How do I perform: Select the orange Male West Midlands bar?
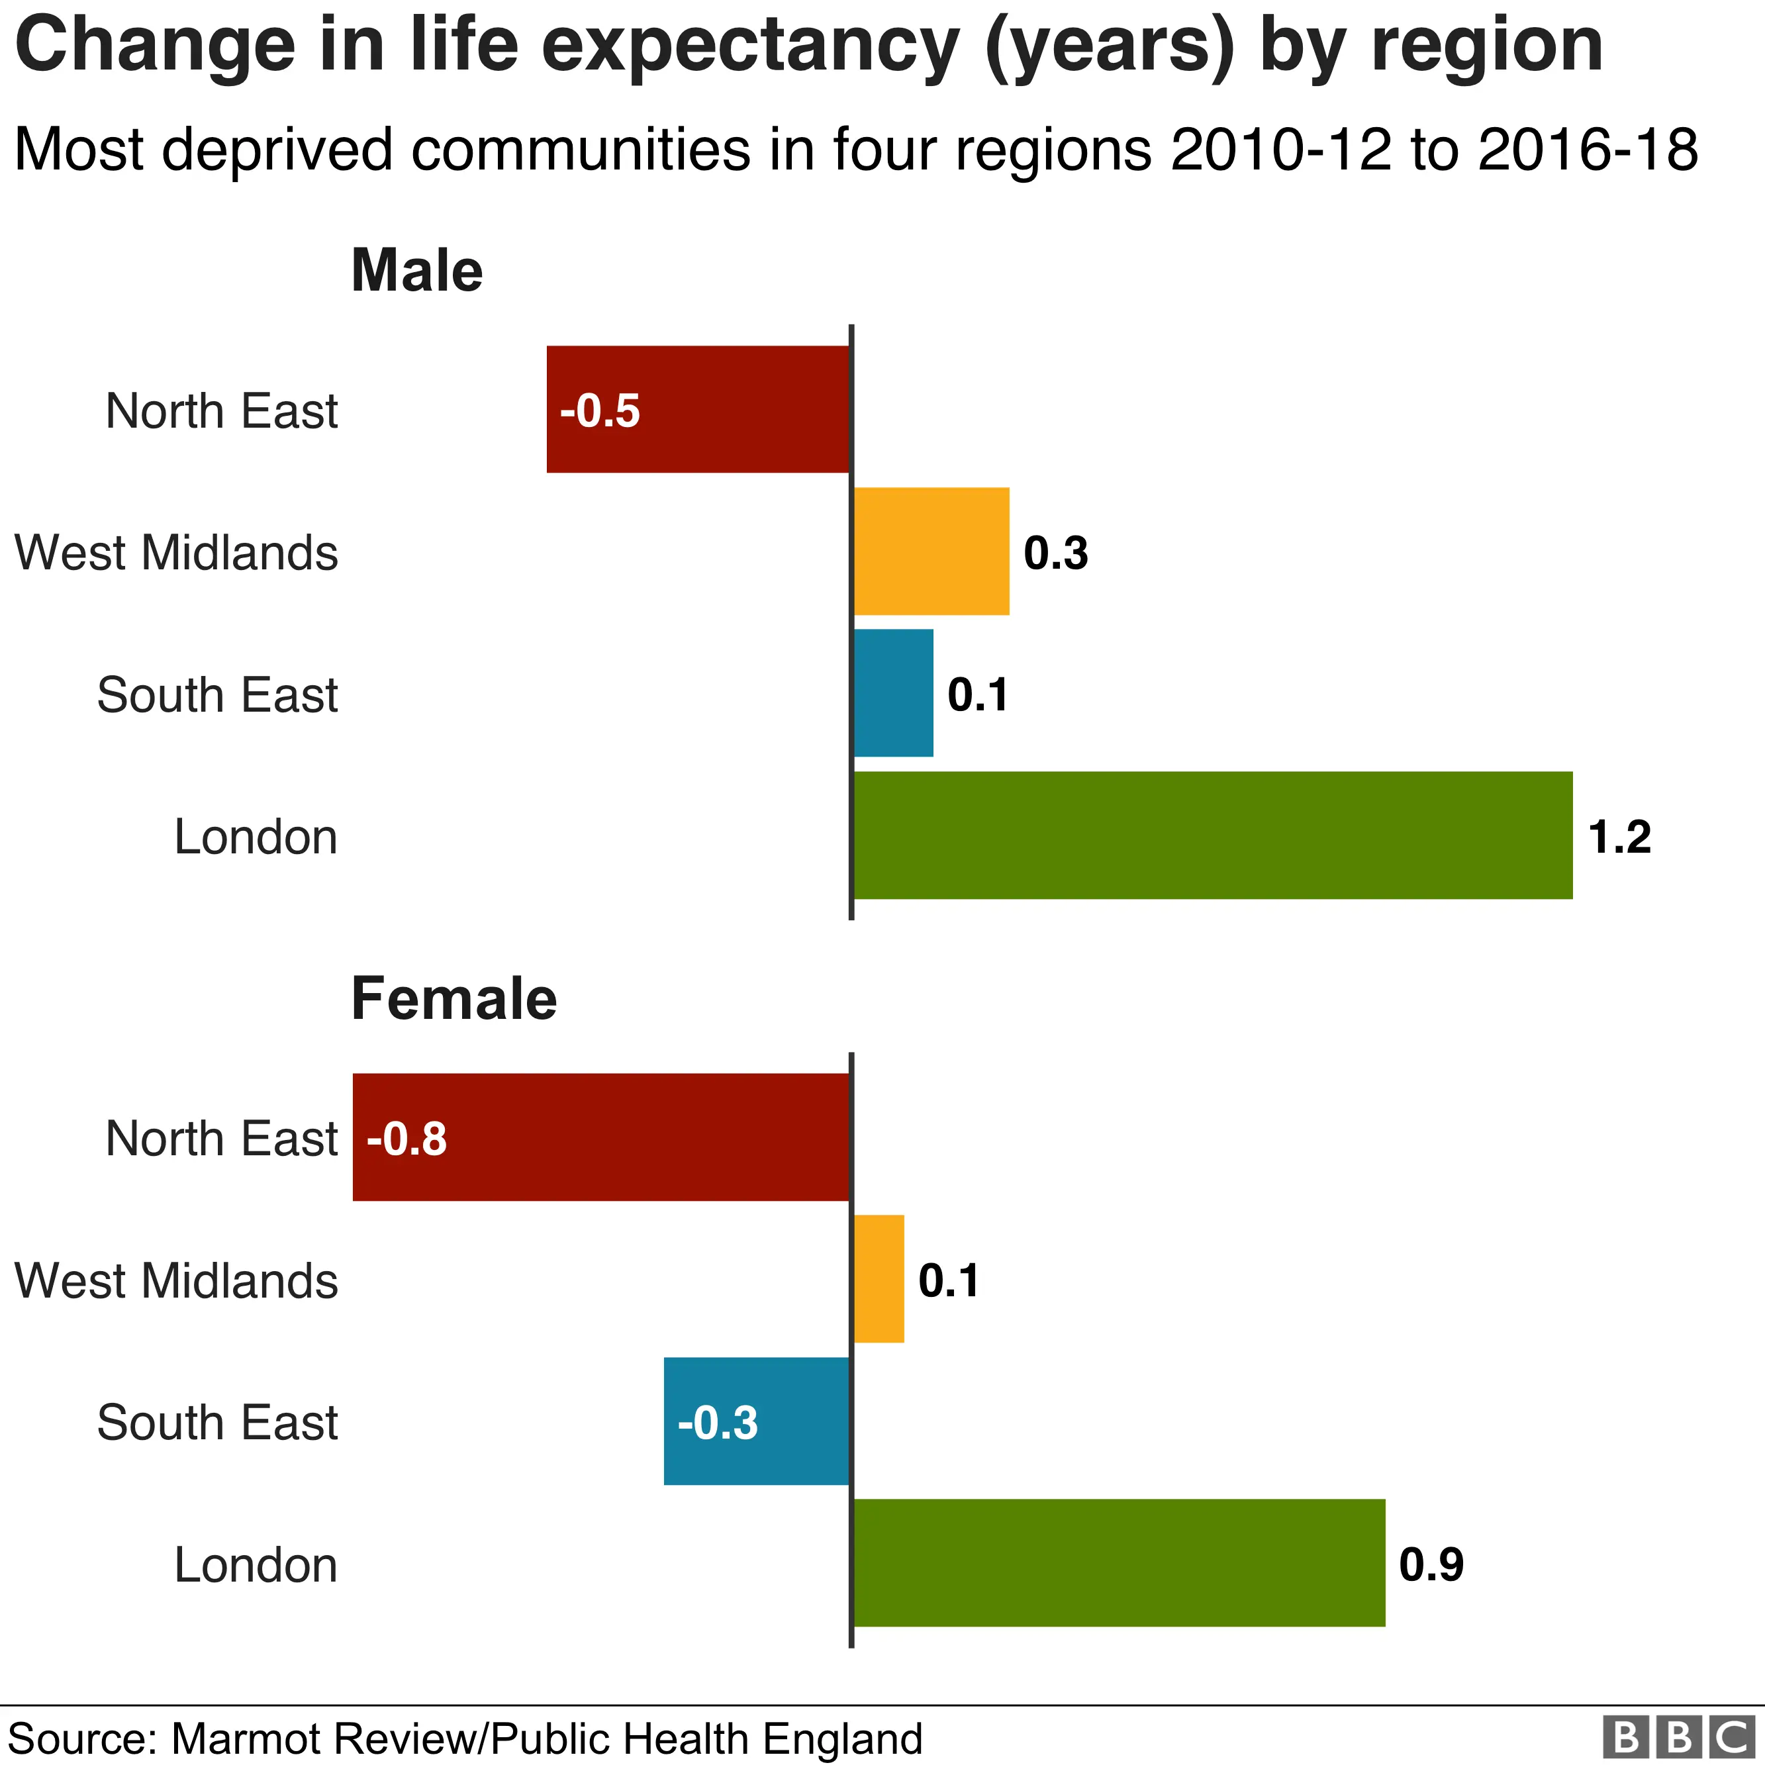click(x=931, y=551)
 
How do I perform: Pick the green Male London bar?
click(x=1212, y=835)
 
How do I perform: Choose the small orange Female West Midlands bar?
click(x=879, y=1279)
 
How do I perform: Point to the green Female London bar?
click(x=1119, y=1563)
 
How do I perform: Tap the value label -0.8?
click(x=406, y=1139)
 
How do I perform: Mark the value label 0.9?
click(x=1431, y=1565)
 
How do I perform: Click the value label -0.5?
click(x=600, y=411)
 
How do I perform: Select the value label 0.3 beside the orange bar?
click(x=1056, y=553)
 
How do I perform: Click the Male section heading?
click(x=416, y=271)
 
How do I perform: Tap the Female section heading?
click(x=454, y=1000)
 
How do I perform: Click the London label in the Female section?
click(x=256, y=1565)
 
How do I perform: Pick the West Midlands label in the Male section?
click(x=176, y=553)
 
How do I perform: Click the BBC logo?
click(x=1681, y=1736)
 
